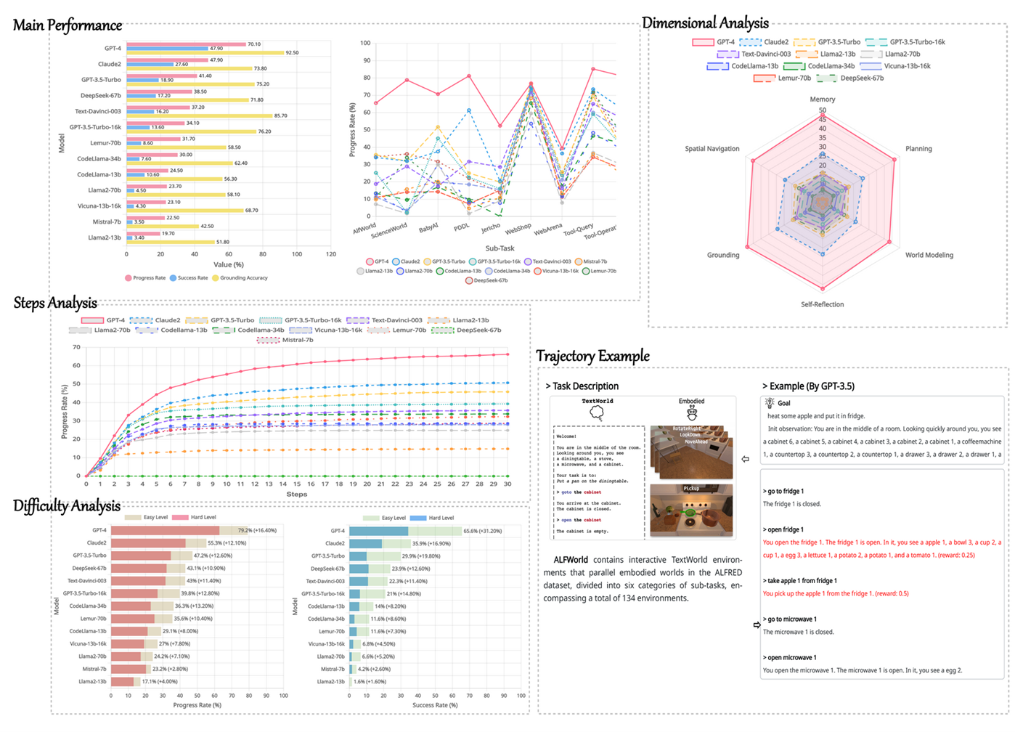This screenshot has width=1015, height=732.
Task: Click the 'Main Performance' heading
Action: (x=68, y=25)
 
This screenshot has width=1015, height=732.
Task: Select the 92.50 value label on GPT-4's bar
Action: (x=292, y=53)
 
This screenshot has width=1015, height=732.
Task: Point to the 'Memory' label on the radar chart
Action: (x=822, y=99)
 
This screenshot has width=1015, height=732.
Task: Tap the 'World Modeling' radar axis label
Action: (x=929, y=255)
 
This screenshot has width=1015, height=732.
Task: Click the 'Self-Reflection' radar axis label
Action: (x=822, y=304)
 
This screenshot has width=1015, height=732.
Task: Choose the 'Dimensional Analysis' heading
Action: (x=704, y=23)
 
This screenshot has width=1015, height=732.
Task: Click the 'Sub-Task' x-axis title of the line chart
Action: (x=500, y=248)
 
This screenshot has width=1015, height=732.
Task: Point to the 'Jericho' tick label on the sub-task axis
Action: (x=491, y=228)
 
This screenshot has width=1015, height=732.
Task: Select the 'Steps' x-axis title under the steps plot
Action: (x=296, y=495)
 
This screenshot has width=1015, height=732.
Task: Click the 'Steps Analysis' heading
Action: (x=55, y=303)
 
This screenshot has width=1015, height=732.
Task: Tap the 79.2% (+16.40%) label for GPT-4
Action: (x=257, y=530)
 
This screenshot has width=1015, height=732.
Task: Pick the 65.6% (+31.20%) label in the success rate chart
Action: (x=482, y=531)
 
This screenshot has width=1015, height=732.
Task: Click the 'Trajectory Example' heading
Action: (x=592, y=356)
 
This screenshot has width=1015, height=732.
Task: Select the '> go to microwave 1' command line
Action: (x=789, y=619)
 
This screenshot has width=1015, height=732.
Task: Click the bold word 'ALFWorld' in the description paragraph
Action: (x=571, y=560)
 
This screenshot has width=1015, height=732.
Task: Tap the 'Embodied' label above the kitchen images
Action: (x=691, y=401)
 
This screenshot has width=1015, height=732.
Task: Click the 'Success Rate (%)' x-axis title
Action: (x=435, y=705)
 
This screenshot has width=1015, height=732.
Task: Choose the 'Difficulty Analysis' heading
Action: (x=67, y=506)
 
